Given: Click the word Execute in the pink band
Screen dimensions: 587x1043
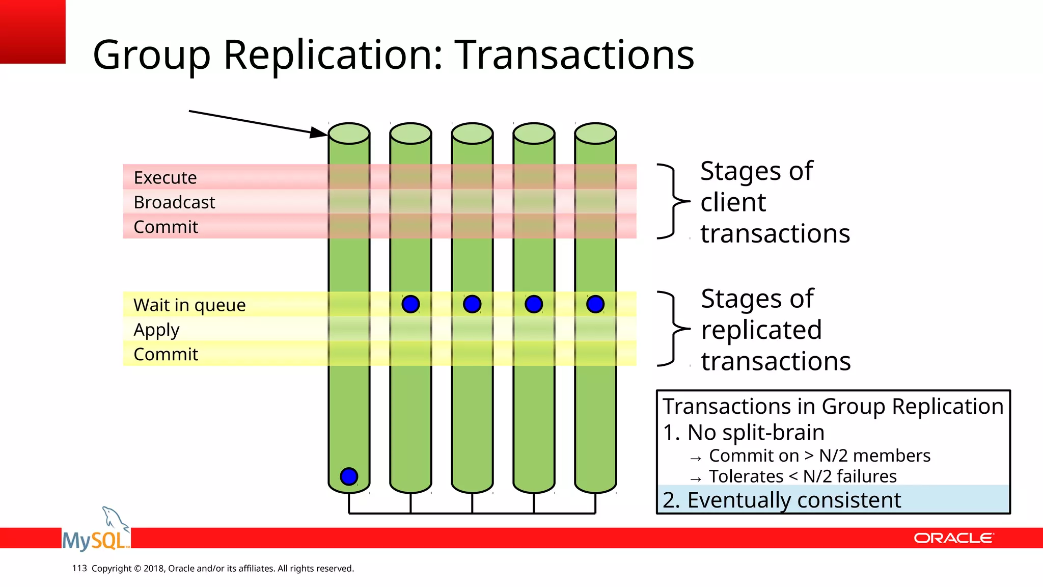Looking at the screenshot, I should (x=165, y=178).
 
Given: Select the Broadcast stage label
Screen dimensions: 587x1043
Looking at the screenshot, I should (x=174, y=202).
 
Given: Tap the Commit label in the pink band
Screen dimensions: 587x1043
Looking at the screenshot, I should (x=166, y=227).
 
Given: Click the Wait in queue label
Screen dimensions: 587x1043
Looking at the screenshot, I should (x=189, y=305).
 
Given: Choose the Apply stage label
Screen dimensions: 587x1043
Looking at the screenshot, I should (x=156, y=330).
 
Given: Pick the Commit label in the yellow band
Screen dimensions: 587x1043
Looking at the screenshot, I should (x=166, y=354).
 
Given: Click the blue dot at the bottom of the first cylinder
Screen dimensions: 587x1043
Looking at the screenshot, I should (x=349, y=476).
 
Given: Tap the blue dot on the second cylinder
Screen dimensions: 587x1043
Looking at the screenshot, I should (x=410, y=304).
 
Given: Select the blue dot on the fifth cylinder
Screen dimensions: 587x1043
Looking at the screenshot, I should (x=595, y=304).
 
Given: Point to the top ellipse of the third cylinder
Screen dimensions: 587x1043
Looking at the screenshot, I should (x=472, y=134).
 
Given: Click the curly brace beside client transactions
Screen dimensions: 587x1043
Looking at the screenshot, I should (x=672, y=201).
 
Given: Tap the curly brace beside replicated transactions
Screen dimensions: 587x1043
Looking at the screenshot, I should (x=672, y=329).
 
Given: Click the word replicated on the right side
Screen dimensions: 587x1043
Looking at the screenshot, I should (x=761, y=330).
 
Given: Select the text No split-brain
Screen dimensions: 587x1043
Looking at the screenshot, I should (x=756, y=433).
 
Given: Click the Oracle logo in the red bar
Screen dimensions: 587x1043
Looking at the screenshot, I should (x=953, y=538).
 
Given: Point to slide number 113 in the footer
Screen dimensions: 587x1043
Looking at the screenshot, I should (x=79, y=568).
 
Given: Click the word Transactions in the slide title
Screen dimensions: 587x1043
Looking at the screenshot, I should (x=574, y=55).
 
